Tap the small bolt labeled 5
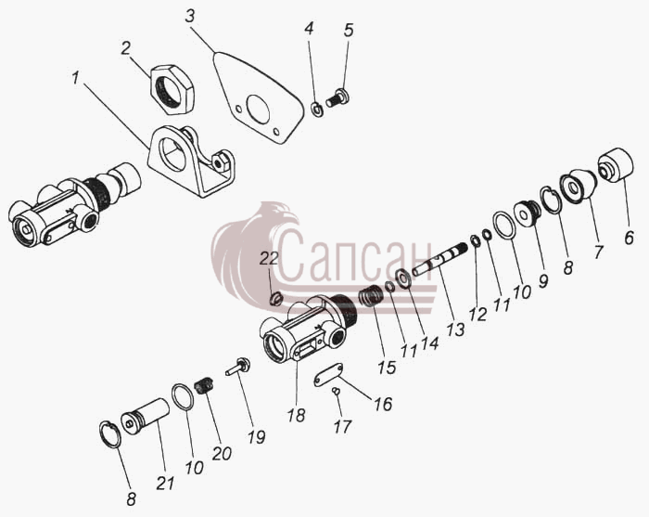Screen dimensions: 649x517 tap(337, 98)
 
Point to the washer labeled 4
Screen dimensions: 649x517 tap(318, 110)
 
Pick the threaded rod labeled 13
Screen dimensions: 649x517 tap(440, 259)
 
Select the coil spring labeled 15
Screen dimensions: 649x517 tap(371, 296)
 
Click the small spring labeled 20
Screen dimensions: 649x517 tap(204, 386)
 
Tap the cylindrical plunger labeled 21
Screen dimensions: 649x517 tap(146, 416)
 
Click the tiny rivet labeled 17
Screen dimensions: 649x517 tap(336, 390)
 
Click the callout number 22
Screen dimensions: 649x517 tap(269, 259)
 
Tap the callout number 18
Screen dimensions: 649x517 tap(297, 416)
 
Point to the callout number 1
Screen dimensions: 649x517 tap(75, 78)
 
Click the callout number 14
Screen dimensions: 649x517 tap(429, 343)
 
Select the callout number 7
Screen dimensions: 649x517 tap(598, 252)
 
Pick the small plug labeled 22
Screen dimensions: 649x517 tap(276, 298)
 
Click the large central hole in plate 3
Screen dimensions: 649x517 tap(258, 109)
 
